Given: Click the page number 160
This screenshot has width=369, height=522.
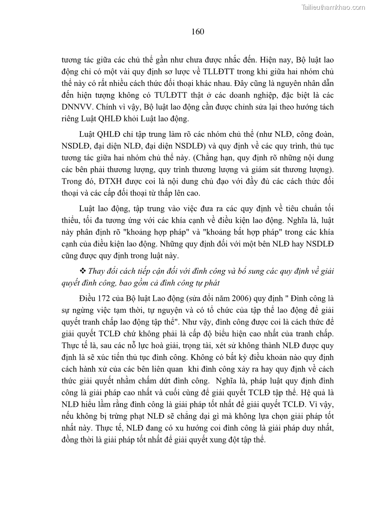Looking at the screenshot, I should click(198, 32).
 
